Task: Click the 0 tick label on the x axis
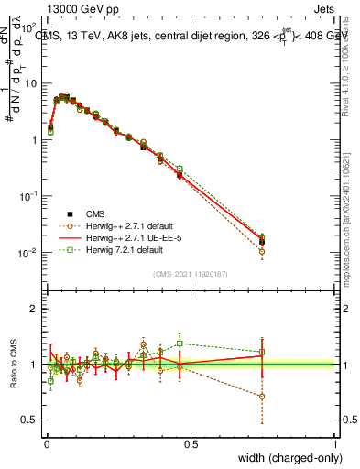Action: (x=47, y=444)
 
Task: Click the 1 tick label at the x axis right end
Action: (x=335, y=444)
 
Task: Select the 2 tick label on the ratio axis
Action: (x=35, y=309)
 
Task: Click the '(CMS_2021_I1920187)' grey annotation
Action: (x=190, y=272)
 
